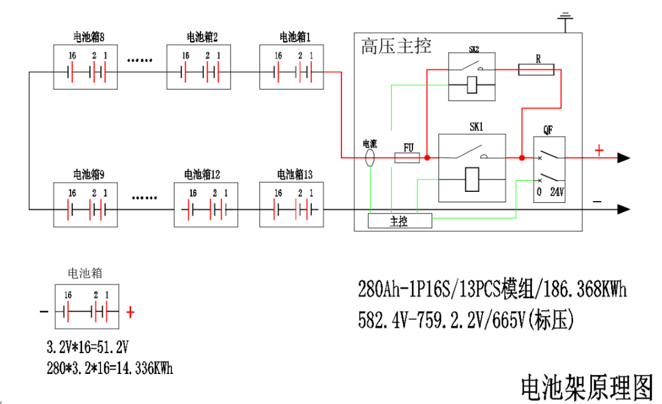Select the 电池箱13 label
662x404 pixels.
(295, 175)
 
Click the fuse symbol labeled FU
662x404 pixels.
(407, 158)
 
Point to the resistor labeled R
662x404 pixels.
(536, 71)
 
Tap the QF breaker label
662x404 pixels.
(549, 130)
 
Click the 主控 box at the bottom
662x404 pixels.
(399, 221)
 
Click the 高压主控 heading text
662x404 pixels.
(396, 47)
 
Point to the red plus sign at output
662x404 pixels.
(599, 150)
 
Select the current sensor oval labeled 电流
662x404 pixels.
(370, 158)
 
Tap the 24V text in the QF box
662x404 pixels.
(557, 191)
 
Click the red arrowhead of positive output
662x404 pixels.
(623, 158)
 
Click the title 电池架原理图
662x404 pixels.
(587, 387)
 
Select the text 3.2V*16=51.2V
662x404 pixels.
(88, 348)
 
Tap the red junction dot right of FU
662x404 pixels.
(427, 158)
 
